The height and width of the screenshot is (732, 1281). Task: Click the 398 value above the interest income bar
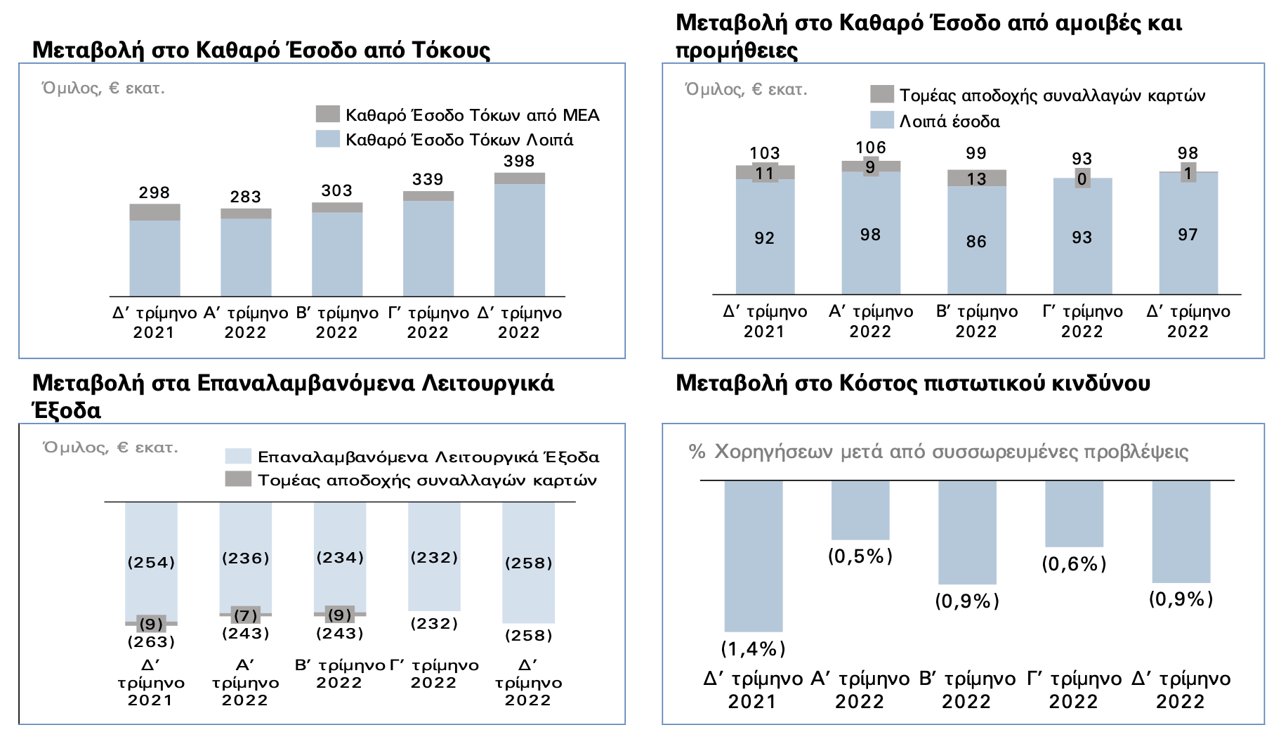(x=519, y=162)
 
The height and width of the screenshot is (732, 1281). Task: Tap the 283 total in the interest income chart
(x=245, y=197)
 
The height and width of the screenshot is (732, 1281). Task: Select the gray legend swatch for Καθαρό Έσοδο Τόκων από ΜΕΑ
(x=327, y=114)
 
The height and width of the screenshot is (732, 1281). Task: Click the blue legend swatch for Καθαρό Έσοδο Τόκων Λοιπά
(x=327, y=138)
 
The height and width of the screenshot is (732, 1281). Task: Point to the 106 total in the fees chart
(x=870, y=148)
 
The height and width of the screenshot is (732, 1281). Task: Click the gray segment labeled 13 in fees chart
(x=976, y=178)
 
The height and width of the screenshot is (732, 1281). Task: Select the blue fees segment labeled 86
(x=976, y=242)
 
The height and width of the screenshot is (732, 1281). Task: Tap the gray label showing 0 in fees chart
(x=1082, y=179)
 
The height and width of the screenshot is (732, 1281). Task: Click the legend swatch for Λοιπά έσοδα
(x=881, y=120)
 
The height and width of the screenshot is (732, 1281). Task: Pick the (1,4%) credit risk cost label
(x=753, y=648)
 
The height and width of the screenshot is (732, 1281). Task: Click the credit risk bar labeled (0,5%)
(x=860, y=510)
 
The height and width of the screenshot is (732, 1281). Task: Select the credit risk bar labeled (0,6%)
(x=1074, y=514)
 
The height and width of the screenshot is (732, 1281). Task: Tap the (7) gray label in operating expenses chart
(x=245, y=615)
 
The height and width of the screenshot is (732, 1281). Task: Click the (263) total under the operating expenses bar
(x=151, y=642)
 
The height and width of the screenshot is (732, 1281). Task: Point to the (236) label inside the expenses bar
(x=245, y=558)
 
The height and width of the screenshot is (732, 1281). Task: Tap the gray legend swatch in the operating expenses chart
(x=237, y=479)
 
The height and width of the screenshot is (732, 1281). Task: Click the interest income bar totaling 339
(x=428, y=246)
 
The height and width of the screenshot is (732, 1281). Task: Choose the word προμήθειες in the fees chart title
(x=737, y=51)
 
